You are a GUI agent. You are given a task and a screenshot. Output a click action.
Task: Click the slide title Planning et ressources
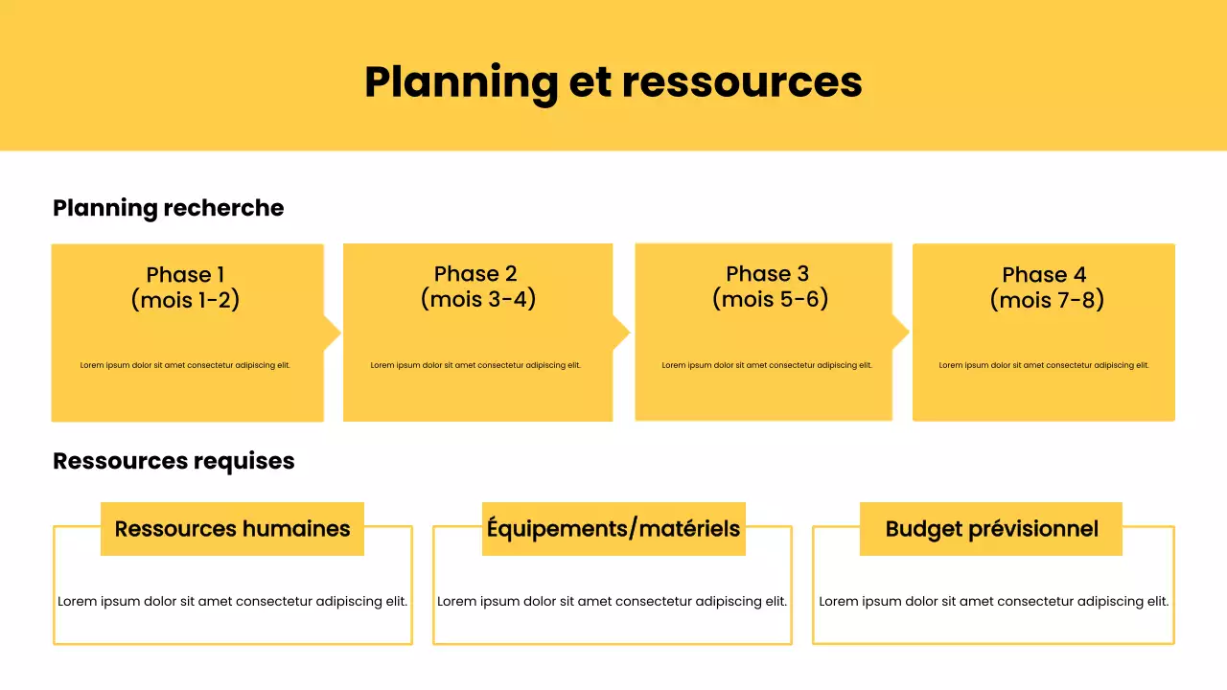click(613, 81)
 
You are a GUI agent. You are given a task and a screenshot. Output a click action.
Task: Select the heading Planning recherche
click(169, 208)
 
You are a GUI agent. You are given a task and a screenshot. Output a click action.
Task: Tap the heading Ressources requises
click(174, 461)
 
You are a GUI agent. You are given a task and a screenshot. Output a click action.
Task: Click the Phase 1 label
click(185, 276)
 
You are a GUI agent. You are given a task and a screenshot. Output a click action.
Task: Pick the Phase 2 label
click(475, 274)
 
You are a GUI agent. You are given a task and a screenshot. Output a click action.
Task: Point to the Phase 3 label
click(767, 274)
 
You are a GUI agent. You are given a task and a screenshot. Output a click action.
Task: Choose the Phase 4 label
click(1044, 275)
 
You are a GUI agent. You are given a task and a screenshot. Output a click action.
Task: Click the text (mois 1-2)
click(185, 300)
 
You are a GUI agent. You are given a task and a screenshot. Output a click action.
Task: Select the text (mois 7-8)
click(1047, 300)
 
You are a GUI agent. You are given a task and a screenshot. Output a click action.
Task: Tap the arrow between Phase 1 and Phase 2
click(332, 333)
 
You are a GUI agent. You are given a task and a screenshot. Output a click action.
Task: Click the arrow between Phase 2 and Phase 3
click(621, 333)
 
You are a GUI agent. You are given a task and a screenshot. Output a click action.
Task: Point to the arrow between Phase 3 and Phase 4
click(900, 333)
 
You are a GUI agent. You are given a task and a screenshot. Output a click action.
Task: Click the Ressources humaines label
click(232, 529)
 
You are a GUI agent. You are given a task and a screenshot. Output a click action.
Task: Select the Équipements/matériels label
click(613, 529)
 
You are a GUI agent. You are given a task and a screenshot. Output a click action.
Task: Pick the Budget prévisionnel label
click(991, 529)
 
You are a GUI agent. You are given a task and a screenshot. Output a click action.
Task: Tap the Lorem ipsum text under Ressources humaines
click(232, 602)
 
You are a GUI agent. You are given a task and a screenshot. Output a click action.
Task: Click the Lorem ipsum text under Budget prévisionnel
click(993, 602)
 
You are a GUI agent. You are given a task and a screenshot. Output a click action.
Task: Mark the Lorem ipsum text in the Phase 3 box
click(767, 365)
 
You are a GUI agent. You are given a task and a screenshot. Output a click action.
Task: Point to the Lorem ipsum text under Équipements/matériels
click(612, 602)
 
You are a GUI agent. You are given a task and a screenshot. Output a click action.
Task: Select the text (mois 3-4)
click(477, 299)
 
